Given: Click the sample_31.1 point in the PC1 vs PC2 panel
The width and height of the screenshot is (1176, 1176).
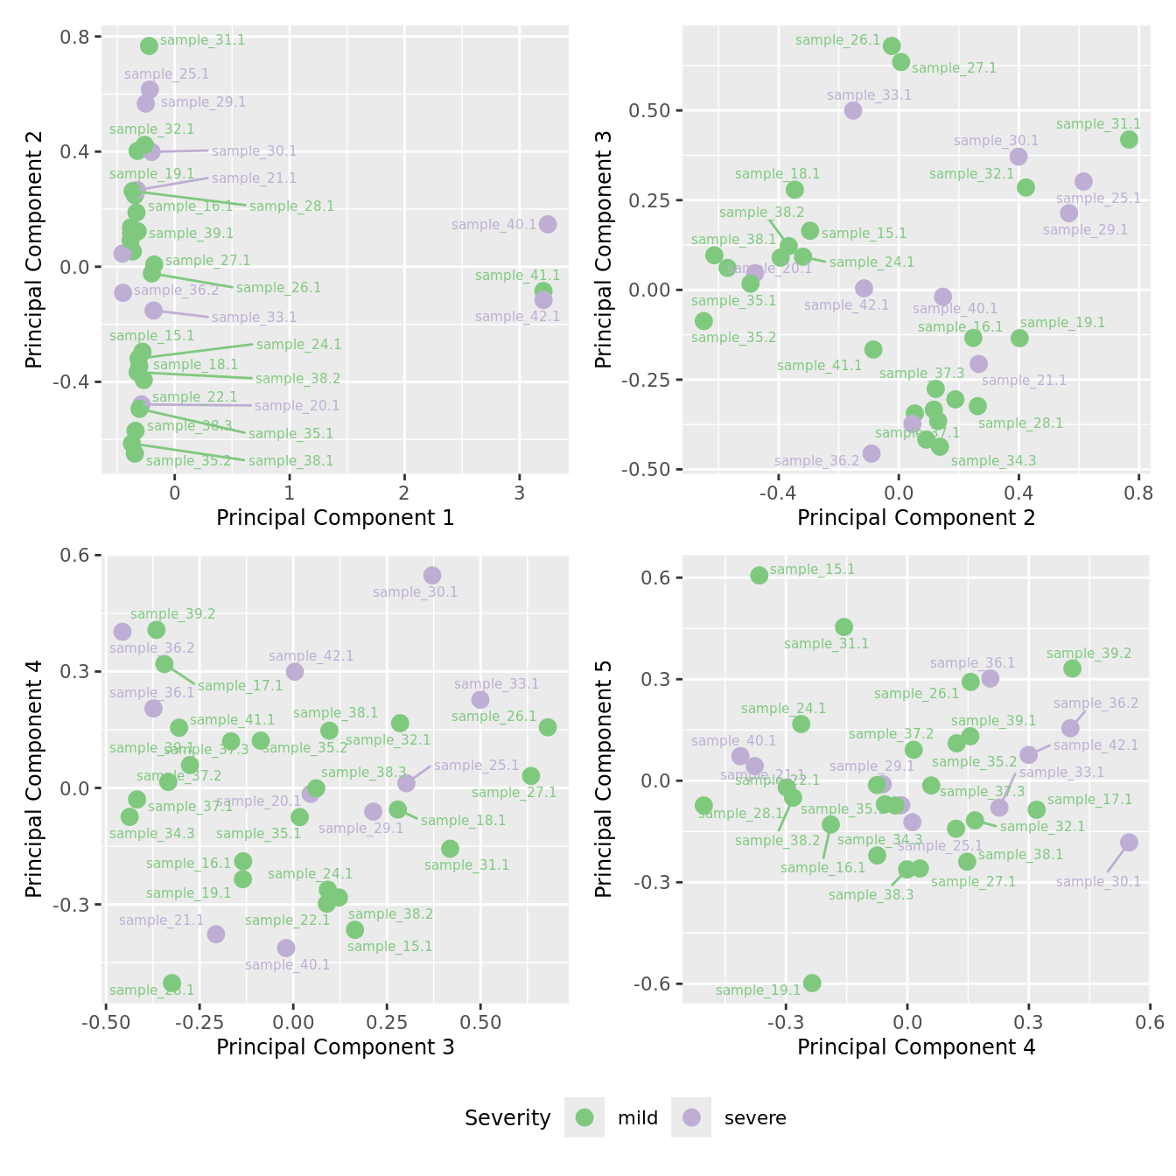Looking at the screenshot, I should point(149,45).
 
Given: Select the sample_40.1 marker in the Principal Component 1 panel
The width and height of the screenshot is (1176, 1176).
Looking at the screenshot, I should point(548,224).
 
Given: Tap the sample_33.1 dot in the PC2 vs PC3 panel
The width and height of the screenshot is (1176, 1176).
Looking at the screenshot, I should point(853,110).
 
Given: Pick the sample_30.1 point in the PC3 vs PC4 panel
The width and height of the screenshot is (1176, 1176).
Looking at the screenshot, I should point(432,575).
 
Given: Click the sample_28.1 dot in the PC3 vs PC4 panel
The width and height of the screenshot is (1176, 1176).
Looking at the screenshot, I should point(172,983).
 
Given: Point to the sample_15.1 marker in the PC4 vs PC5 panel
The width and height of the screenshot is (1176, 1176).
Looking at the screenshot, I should point(759,575).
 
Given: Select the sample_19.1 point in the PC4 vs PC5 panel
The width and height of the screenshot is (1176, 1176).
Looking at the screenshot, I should point(812,983).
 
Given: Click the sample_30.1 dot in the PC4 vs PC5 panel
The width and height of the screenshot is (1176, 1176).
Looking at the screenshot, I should point(1129,843).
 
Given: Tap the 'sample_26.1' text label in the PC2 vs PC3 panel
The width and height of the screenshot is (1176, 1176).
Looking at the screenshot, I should point(837,40).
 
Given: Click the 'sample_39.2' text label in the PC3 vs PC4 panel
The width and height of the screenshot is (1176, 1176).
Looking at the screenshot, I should point(172,614).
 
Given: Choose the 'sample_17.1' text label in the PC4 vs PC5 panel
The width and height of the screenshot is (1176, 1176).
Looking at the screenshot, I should point(1089,800).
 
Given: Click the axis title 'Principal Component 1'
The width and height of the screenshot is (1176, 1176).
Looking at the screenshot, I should point(335,518).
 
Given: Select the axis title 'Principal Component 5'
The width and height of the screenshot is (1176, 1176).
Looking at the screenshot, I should point(603,778).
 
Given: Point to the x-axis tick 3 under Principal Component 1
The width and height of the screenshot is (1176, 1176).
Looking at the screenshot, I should point(520,493).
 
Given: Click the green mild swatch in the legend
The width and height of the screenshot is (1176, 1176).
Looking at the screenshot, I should point(584,1117).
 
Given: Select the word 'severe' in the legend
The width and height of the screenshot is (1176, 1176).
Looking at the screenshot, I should point(754,1118).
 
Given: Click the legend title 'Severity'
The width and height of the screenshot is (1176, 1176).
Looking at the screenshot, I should point(507,1118).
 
